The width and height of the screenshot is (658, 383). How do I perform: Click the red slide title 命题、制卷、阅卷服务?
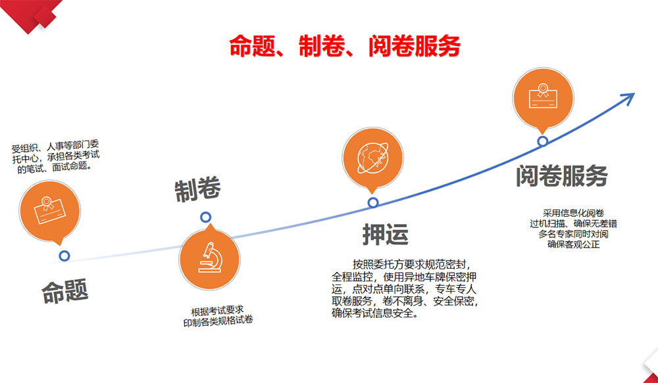345,46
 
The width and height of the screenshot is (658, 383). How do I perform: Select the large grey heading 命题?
65,291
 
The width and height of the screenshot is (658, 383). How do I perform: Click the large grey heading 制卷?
197,191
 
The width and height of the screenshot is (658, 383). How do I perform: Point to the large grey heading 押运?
385,235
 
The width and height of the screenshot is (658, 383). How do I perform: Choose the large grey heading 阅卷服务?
562,175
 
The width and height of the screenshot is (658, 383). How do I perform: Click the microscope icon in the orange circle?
210,258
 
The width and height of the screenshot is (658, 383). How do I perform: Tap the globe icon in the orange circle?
372,158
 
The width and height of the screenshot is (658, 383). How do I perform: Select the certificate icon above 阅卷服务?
543,96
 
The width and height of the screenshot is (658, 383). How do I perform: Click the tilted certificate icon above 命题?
49,210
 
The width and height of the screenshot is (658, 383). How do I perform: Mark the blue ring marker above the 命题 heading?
64,256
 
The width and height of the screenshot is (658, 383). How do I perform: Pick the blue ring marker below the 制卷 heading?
205,217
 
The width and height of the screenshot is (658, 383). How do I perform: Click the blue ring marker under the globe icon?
373,203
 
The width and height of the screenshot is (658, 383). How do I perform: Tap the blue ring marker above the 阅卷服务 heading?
543,141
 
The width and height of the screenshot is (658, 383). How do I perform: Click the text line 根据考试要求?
217,311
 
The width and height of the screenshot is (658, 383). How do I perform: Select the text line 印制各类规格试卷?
218,321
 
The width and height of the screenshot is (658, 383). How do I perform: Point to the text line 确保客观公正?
574,244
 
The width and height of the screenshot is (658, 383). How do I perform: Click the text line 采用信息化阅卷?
573,213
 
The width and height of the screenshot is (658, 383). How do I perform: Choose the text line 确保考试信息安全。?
375,313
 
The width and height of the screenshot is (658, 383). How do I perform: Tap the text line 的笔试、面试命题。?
55,168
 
